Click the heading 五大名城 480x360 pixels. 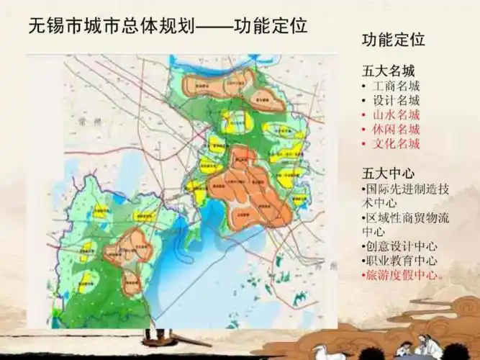[389, 71]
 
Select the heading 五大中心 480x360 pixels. [389, 174]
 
